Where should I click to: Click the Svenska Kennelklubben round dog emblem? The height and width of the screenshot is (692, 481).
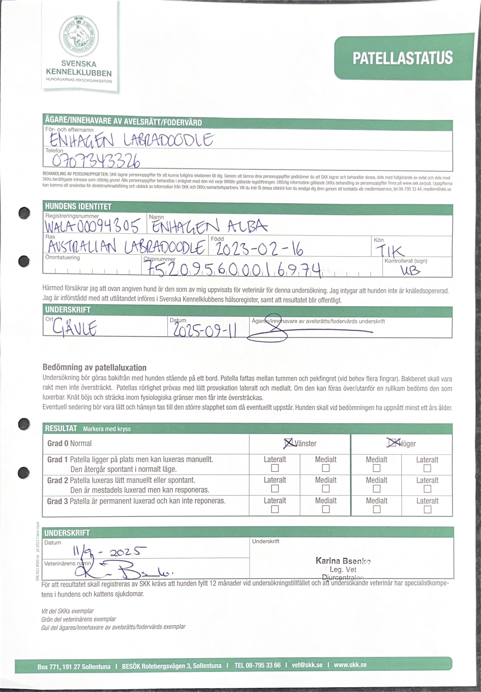pos(79,36)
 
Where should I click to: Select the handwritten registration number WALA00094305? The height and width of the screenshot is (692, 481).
pos(92,226)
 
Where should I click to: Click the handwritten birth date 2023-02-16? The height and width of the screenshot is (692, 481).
pos(259,249)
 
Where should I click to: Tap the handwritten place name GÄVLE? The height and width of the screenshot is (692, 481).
pos(75,327)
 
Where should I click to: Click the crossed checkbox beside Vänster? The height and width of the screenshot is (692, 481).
pos(288,443)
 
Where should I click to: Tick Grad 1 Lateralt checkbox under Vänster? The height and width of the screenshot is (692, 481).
pos(275,468)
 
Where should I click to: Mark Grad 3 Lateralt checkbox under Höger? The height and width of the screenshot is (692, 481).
pos(427,509)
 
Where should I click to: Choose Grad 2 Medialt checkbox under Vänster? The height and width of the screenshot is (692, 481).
pos(326,489)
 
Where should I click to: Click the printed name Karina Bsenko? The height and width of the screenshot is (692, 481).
pos(343,560)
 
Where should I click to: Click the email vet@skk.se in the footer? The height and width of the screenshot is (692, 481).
pos(307,665)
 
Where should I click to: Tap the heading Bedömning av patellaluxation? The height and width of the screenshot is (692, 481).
pos(94,367)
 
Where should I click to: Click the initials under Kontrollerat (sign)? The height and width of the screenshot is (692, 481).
pos(410,271)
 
